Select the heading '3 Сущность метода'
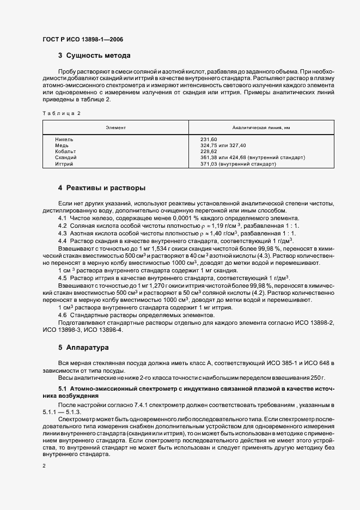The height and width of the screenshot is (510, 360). pos(94,56)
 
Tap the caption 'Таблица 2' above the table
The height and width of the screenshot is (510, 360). pos(61,113)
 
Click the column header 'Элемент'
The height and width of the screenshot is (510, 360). pos(115,127)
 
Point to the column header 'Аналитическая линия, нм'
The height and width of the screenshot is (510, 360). pos(261,127)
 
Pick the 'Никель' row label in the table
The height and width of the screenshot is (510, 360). pos(64,140)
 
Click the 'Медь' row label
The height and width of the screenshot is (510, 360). pos(62,145)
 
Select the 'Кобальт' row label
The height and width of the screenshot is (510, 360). pos(66,151)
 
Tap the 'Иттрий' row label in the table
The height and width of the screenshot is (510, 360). pos(64,163)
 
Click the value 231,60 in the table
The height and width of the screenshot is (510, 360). pos(209,140)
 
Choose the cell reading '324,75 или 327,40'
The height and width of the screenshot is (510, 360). pos(223,145)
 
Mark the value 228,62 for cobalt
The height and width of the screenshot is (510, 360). pos(209,151)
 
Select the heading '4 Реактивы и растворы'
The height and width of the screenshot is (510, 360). pos(102,189)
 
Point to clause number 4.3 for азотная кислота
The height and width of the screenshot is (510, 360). pos(63,233)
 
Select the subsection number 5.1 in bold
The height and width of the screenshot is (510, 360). pos(63,388)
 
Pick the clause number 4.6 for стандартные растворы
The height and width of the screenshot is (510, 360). pos(63,315)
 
